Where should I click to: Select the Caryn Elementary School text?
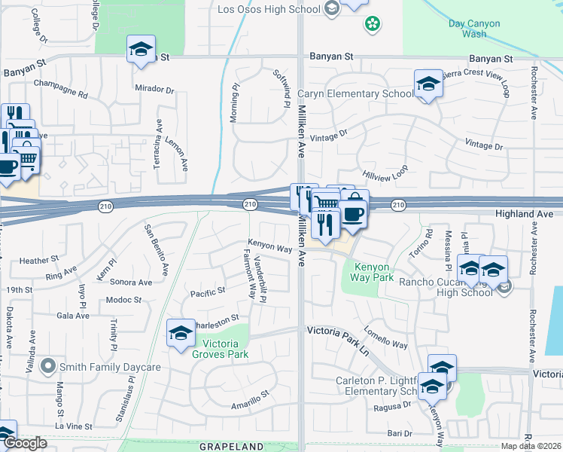pos(355,94)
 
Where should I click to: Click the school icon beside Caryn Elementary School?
pos(428,84)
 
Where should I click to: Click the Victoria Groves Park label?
pos(221,348)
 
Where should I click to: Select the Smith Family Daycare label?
pos(111,368)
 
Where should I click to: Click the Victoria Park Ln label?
pos(339,331)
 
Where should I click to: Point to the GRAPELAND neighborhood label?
pos(232,447)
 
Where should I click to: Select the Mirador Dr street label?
pos(154,89)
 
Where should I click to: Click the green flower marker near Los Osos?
pos(372,25)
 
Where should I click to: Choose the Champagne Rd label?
pos(60,84)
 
